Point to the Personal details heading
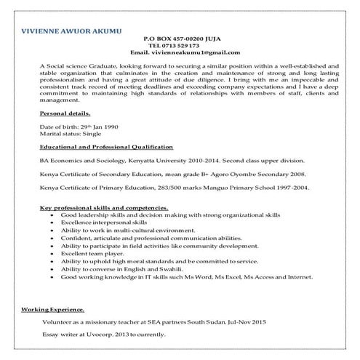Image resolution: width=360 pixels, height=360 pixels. (65, 114)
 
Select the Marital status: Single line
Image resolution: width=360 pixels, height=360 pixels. (71, 135)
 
